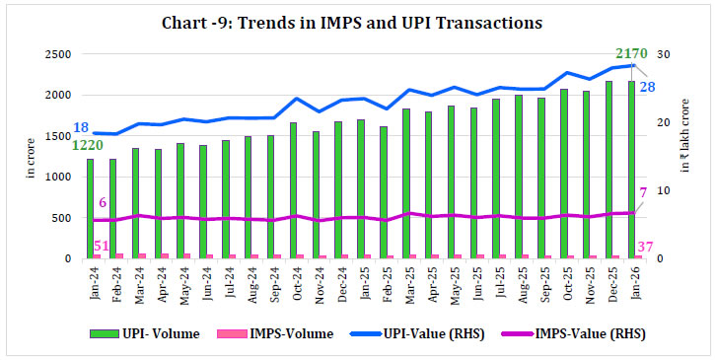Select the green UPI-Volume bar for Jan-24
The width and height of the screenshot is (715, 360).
91,209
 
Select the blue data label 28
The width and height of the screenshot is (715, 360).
649,87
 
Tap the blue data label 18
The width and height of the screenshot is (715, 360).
81,126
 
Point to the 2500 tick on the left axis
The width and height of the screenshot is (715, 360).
58,54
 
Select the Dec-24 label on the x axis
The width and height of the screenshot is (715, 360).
343,286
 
